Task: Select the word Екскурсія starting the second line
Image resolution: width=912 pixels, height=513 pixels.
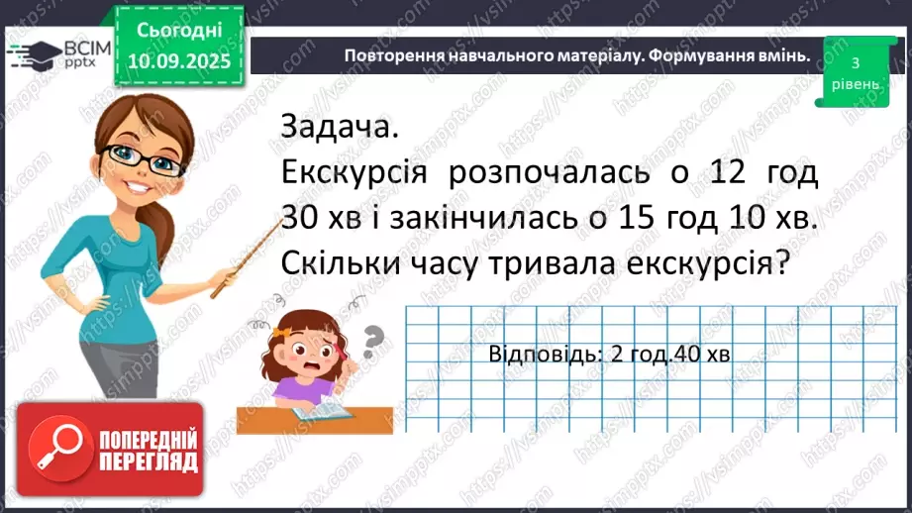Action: [354, 174]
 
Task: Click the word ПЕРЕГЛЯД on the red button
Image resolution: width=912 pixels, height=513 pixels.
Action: [149, 461]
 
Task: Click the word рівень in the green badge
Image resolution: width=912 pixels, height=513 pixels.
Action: [852, 84]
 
